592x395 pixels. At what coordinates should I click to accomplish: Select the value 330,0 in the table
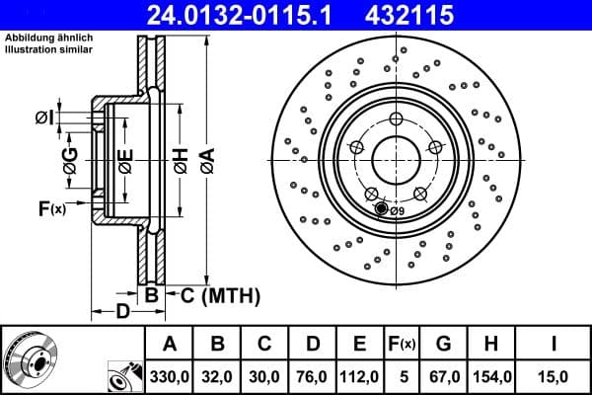click(x=170, y=376)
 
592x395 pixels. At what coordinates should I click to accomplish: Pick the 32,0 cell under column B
click(x=218, y=376)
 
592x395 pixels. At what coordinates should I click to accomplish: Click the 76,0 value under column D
click(x=312, y=376)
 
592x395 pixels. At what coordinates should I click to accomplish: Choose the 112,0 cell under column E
click(x=360, y=376)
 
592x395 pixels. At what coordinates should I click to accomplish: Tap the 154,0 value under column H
click(x=490, y=376)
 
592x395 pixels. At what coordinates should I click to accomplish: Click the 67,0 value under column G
click(x=443, y=376)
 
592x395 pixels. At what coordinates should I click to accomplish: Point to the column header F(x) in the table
click(x=403, y=344)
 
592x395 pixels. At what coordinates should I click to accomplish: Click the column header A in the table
click(x=170, y=344)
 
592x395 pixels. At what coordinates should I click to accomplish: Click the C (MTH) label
click(x=219, y=294)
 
